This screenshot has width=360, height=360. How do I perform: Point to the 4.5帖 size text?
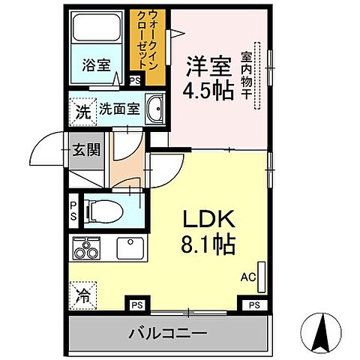tap(202, 91)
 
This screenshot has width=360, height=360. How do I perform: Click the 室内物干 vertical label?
tap(246, 76)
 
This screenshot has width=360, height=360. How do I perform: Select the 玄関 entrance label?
tap(86, 148)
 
